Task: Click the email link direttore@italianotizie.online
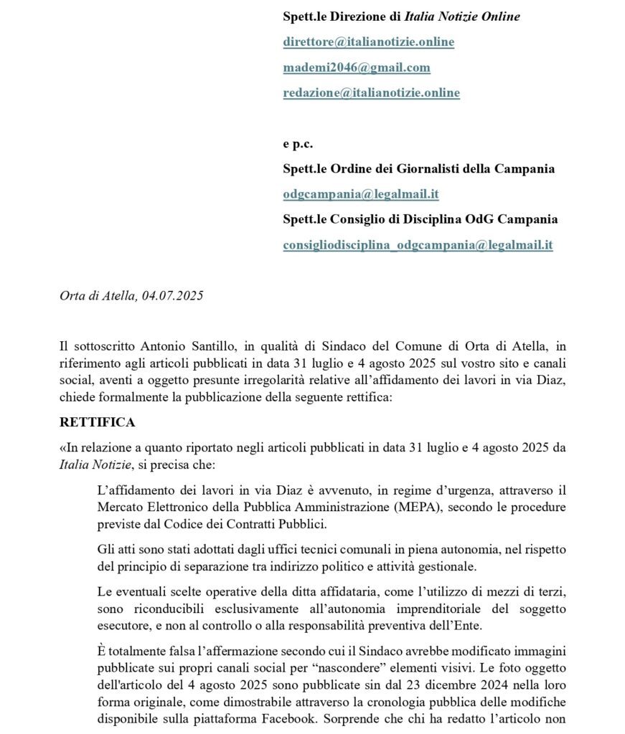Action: pyautogui.click(x=368, y=42)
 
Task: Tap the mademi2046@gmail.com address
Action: pyautogui.click(x=356, y=67)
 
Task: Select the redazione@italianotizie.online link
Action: pyautogui.click(x=371, y=92)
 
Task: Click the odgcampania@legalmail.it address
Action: pyautogui.click(x=361, y=194)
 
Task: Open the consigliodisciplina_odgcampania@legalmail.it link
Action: pyautogui.click(x=418, y=244)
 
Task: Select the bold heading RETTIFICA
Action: pyautogui.click(x=97, y=421)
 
